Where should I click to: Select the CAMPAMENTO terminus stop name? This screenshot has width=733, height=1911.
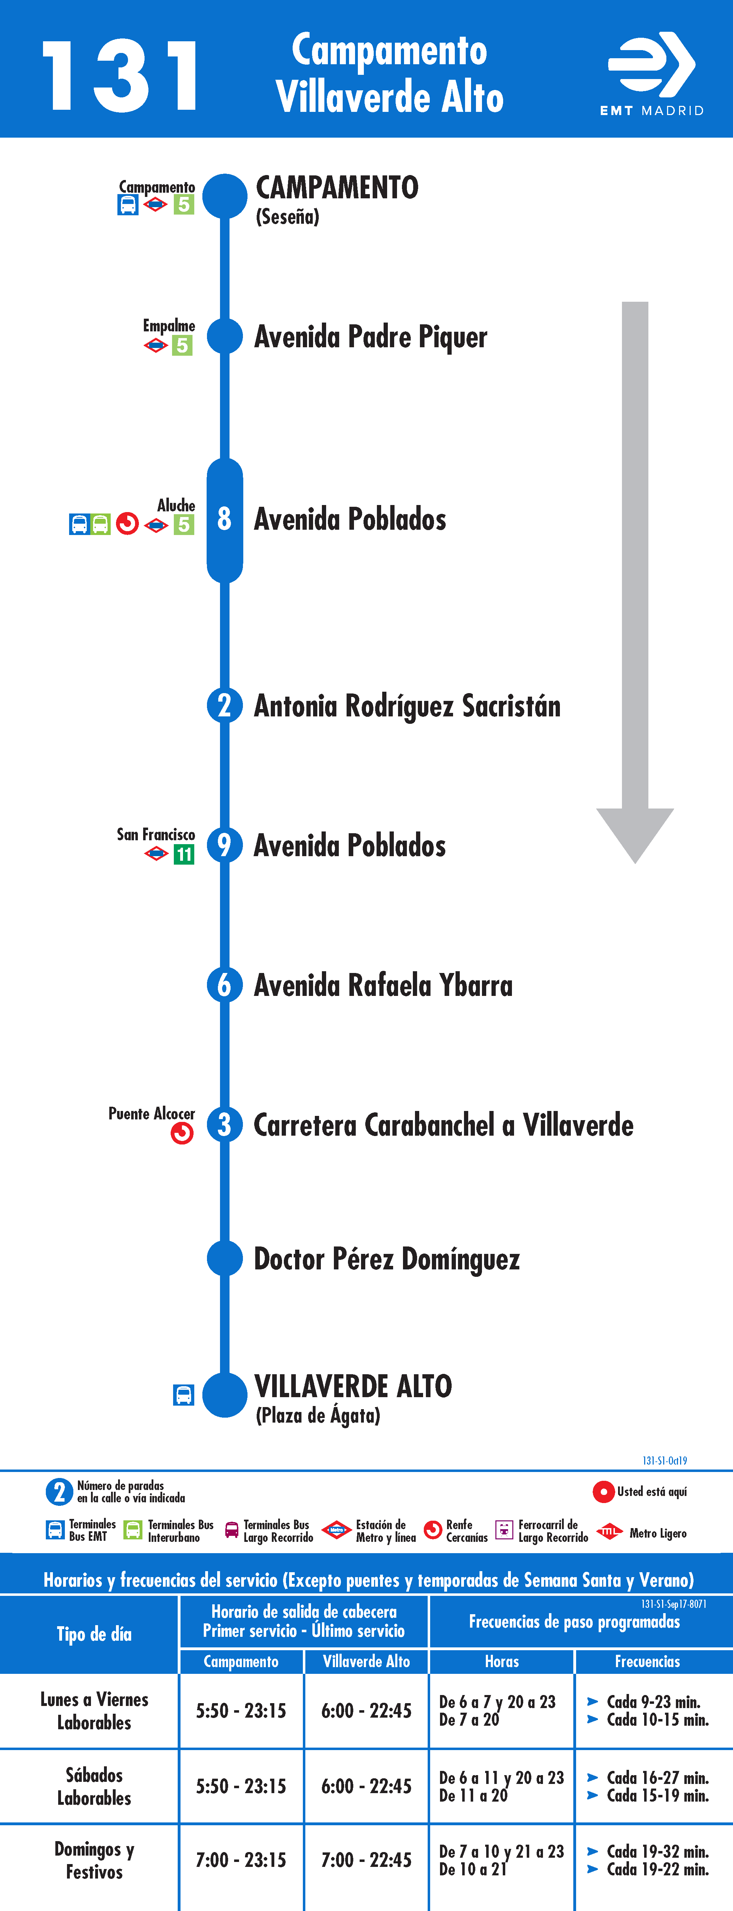coord(337,188)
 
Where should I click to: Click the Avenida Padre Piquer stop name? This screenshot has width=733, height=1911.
coord(371,337)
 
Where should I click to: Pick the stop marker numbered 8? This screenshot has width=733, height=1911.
coord(225,519)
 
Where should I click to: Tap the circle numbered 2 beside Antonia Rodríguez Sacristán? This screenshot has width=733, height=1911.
coord(225,705)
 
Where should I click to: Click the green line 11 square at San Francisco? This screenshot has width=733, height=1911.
coord(184,855)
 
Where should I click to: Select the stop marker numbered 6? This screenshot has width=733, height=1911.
coord(225,985)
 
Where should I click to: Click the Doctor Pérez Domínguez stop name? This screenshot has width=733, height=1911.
coord(387,1259)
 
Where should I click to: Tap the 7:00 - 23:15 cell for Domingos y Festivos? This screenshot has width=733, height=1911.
coord(241,1860)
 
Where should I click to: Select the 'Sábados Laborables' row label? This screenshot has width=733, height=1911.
coord(94,1786)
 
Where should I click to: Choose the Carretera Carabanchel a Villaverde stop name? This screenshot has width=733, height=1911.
coord(443,1125)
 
